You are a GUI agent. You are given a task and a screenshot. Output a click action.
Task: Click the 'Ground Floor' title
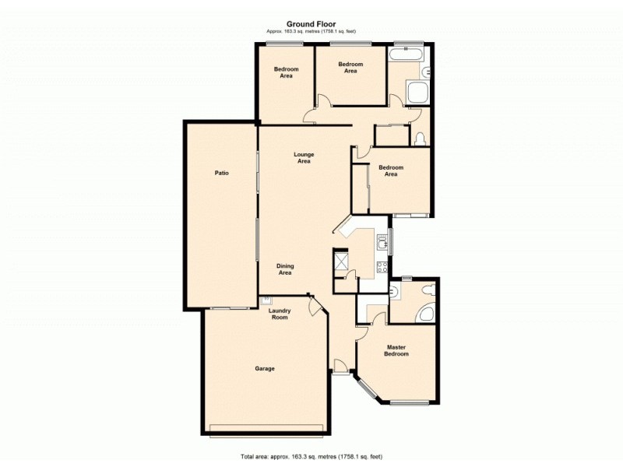tap(311, 24)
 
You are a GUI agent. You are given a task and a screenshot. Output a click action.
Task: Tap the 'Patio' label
tap(222, 173)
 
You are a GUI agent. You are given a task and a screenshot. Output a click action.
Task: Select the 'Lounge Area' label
tap(304, 158)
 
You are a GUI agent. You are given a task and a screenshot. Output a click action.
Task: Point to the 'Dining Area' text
tap(285, 269)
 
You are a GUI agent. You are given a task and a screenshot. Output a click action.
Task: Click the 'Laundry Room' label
tap(280, 314)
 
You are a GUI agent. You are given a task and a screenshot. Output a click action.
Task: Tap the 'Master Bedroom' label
tap(396, 350)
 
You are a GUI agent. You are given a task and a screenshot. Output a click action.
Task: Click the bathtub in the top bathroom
tap(407, 54)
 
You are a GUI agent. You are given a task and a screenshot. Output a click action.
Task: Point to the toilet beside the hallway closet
tap(421, 139)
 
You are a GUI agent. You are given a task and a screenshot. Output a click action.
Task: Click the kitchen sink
tap(382, 243)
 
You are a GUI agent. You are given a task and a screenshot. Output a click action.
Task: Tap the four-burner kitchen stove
tap(382, 267)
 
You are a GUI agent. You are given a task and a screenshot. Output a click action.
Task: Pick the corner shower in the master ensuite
tap(426, 313)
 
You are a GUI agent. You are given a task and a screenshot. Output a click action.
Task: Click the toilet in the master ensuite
tap(425, 290)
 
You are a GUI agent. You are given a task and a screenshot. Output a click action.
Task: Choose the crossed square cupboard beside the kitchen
tap(340, 258)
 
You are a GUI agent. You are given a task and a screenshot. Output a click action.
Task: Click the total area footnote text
tap(311, 455)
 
